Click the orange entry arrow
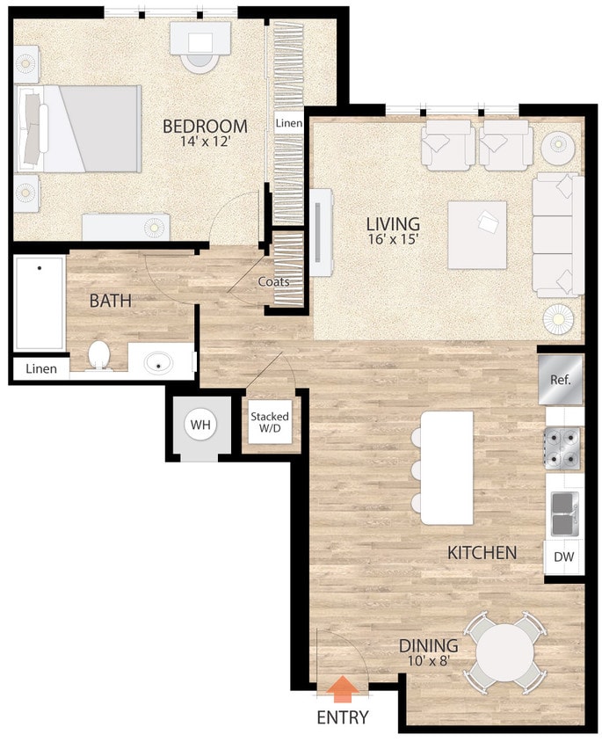343,686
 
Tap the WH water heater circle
201,426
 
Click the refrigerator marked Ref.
561,380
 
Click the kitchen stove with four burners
562,447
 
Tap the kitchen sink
562,513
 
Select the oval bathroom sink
159,361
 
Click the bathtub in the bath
39,304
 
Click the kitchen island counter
446,467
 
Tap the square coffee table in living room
477,235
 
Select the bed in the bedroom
79,129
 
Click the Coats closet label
274,282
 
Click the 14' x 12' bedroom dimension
205,142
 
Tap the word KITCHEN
482,553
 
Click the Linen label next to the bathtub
40,369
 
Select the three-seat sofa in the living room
558,234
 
